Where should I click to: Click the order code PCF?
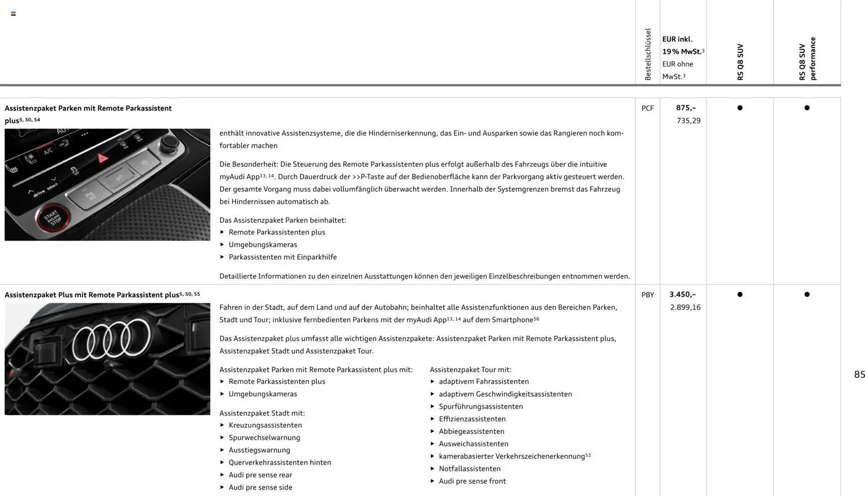647,108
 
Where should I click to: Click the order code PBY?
647,295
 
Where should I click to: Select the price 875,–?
686,108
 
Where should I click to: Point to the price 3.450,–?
683,294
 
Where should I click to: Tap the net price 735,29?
688,121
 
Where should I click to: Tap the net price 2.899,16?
685,307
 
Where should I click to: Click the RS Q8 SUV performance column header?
807,59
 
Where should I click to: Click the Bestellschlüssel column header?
648,54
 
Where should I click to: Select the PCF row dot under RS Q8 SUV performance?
807,108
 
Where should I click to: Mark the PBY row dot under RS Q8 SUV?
740,294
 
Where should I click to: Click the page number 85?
859,374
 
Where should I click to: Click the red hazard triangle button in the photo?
103,158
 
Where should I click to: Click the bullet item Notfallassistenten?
469,469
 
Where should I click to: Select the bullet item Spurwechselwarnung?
264,437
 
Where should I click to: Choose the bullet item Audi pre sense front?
472,481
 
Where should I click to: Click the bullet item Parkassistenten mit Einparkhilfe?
282,257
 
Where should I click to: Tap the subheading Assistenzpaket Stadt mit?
262,413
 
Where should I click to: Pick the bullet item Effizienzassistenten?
472,418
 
